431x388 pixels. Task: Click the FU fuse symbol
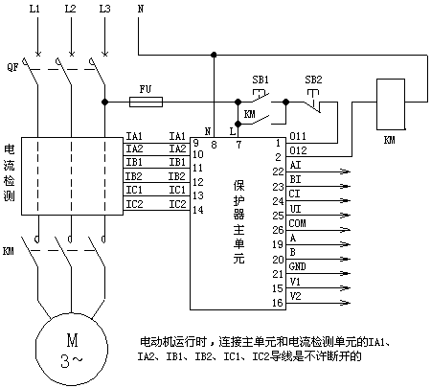click(146, 103)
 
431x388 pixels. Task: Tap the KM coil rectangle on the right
click(391, 104)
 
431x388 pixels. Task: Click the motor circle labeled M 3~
click(72, 349)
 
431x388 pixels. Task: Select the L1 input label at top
click(34, 9)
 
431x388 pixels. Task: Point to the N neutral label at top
click(141, 9)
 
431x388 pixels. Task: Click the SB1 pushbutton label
click(261, 80)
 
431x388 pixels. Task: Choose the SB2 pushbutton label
click(313, 80)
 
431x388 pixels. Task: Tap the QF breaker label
click(12, 67)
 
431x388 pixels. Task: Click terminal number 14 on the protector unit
click(198, 210)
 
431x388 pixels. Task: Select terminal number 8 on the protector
click(214, 145)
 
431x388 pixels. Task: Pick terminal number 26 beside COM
click(278, 230)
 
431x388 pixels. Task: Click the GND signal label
click(297, 266)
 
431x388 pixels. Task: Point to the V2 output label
click(295, 296)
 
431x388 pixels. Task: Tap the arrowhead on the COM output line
click(346, 230)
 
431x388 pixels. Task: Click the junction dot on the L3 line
click(104, 103)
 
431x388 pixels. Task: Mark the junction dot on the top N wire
click(214, 55)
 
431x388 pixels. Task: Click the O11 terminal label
click(298, 136)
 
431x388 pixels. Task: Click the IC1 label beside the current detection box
click(134, 190)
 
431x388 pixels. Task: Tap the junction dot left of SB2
click(286, 103)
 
